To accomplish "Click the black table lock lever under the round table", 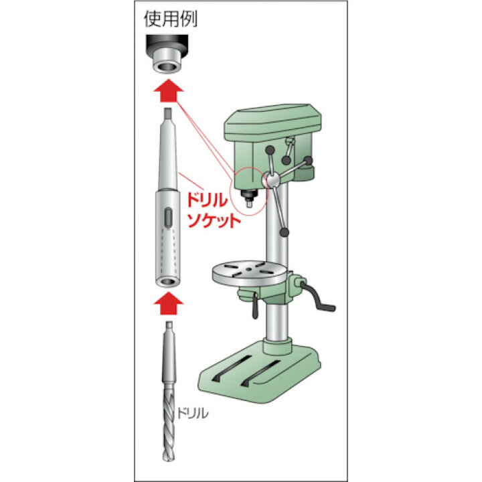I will click(x=255, y=307).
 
